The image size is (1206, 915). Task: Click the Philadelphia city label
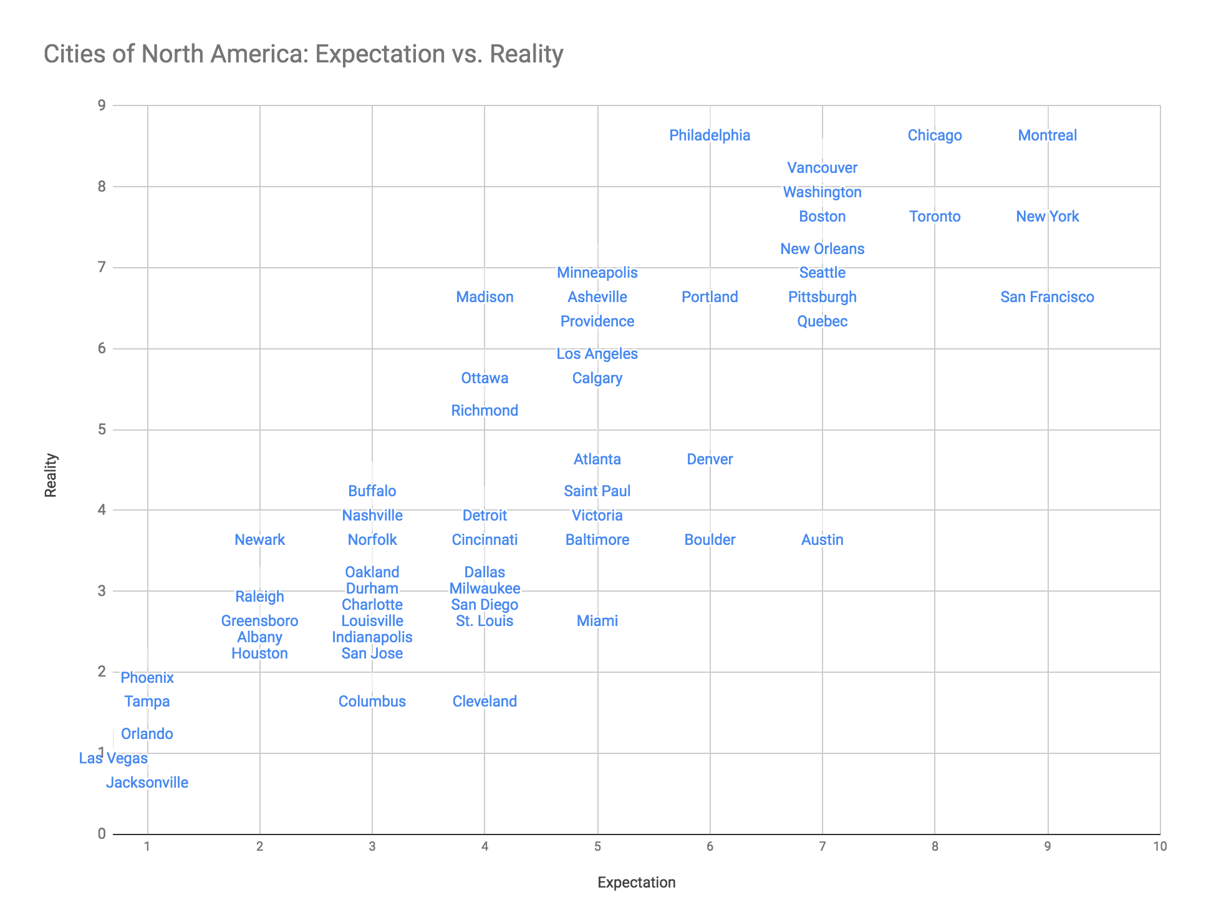pos(710,135)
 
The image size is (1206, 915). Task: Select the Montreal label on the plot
pos(1047,135)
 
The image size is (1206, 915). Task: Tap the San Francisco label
pos(1047,297)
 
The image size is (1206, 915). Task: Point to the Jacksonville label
pos(147,783)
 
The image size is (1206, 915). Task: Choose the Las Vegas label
pos(113,758)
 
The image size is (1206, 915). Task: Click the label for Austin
pos(822,540)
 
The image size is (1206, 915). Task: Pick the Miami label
pos(597,621)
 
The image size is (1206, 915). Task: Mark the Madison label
pos(485,297)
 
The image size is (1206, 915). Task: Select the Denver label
pos(710,459)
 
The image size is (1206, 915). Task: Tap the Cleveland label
pos(485,702)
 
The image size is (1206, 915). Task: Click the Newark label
pos(259,540)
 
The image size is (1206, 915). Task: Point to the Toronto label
pos(935,217)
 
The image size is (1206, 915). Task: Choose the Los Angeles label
pos(597,354)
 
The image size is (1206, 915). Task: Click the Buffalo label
pos(372,491)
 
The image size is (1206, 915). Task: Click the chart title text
pos(304,54)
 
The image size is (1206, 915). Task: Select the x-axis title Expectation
pos(636,883)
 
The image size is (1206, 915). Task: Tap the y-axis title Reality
pos(51,475)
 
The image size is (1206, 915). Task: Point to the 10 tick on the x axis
pos(1159,847)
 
